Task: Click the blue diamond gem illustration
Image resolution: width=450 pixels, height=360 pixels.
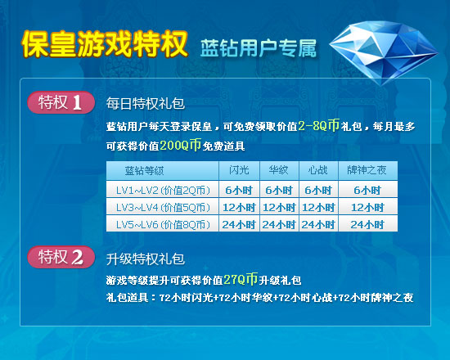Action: [x=384, y=52]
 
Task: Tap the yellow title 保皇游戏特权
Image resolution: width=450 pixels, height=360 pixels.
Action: [x=105, y=44]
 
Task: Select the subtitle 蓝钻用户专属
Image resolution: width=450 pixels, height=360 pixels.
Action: [x=259, y=48]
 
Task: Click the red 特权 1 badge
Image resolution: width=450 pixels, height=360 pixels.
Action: [x=61, y=102]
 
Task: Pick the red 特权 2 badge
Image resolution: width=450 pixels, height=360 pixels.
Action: [x=61, y=257]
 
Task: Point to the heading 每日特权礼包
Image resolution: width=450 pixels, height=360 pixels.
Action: [x=145, y=103]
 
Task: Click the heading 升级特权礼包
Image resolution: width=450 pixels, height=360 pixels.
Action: [x=145, y=259]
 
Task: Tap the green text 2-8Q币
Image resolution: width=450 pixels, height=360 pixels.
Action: [x=319, y=125]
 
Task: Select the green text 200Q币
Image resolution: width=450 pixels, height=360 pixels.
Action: [x=180, y=146]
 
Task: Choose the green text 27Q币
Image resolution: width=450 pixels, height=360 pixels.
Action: [x=241, y=279]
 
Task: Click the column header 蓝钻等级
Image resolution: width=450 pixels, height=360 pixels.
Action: [x=144, y=170]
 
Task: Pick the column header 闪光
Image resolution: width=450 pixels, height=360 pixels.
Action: [x=239, y=170]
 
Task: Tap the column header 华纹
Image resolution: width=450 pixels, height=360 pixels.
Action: [x=279, y=170]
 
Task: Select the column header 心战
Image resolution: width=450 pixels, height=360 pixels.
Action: [x=318, y=170]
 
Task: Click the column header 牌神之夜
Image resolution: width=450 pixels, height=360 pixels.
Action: [x=367, y=170]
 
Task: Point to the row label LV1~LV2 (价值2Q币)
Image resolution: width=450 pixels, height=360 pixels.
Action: [x=163, y=191]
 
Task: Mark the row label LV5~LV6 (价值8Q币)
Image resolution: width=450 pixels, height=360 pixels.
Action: [x=163, y=224]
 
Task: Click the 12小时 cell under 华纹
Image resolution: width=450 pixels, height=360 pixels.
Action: [x=279, y=208]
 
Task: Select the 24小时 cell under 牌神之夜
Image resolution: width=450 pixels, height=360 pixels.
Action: [x=367, y=224]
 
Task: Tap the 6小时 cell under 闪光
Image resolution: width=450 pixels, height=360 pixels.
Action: [x=239, y=191]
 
